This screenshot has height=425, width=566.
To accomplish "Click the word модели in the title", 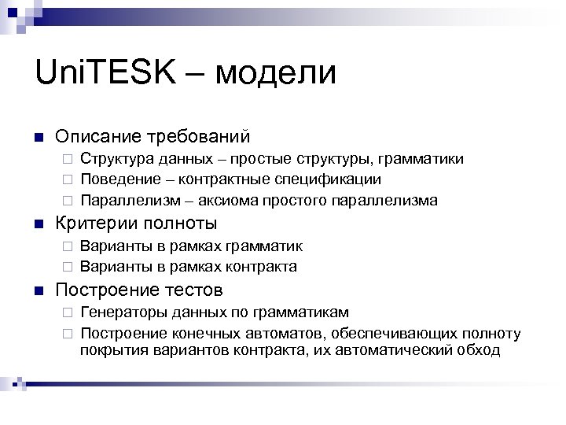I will (x=274, y=75).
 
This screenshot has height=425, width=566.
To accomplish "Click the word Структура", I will (x=117, y=159).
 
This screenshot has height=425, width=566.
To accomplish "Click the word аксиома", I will (x=235, y=200).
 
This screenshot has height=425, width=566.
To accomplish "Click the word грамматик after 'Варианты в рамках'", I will (x=264, y=246).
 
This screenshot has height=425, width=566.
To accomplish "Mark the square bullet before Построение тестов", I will (x=38, y=290).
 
